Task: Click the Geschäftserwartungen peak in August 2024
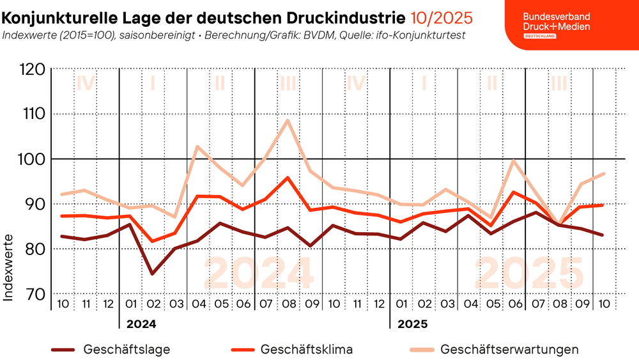[288, 120]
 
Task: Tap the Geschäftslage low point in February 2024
[153, 274]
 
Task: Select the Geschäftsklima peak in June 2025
[514, 192]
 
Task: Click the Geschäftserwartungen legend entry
[509, 350]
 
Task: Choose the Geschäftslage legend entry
[126, 350]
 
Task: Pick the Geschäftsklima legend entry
[306, 350]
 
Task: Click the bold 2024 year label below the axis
[141, 324]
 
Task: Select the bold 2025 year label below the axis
[412, 324]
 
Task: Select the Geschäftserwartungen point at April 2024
[198, 146]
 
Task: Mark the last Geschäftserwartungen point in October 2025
[603, 173]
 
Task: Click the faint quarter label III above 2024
[288, 83]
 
